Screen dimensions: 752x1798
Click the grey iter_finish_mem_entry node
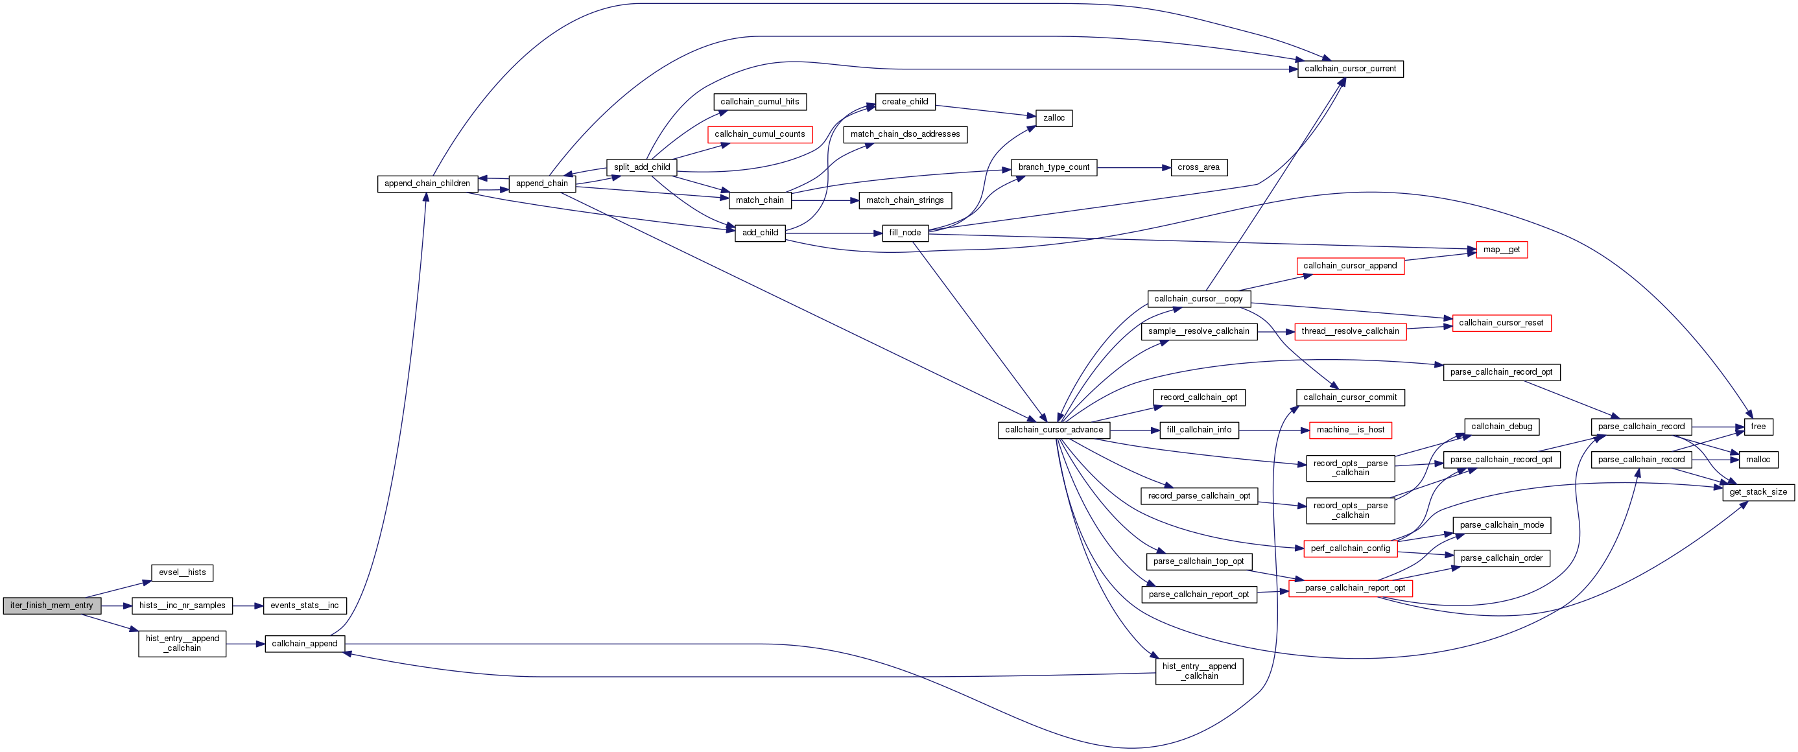pos(52,605)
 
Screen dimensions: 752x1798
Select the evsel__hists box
pos(182,572)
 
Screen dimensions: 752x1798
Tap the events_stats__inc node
pos(304,605)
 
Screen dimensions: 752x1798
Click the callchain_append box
pos(304,644)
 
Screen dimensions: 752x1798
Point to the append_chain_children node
pos(427,183)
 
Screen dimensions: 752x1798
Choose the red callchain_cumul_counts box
pos(759,134)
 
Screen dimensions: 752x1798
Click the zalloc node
pos(1053,118)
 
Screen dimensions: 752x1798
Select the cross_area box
pos(1198,167)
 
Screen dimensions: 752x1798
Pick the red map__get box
pos(1501,250)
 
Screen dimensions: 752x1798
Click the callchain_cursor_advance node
pos(1053,430)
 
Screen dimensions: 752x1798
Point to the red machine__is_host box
pos(1350,430)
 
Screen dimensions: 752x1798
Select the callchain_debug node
pos(1501,426)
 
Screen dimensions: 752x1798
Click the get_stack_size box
pos(1758,492)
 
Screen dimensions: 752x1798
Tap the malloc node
pos(1758,460)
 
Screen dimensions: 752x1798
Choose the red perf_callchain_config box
pos(1350,548)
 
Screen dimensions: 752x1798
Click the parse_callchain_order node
pos(1501,558)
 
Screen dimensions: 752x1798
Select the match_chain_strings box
pos(905,200)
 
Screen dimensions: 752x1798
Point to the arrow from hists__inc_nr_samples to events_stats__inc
pos(248,605)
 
